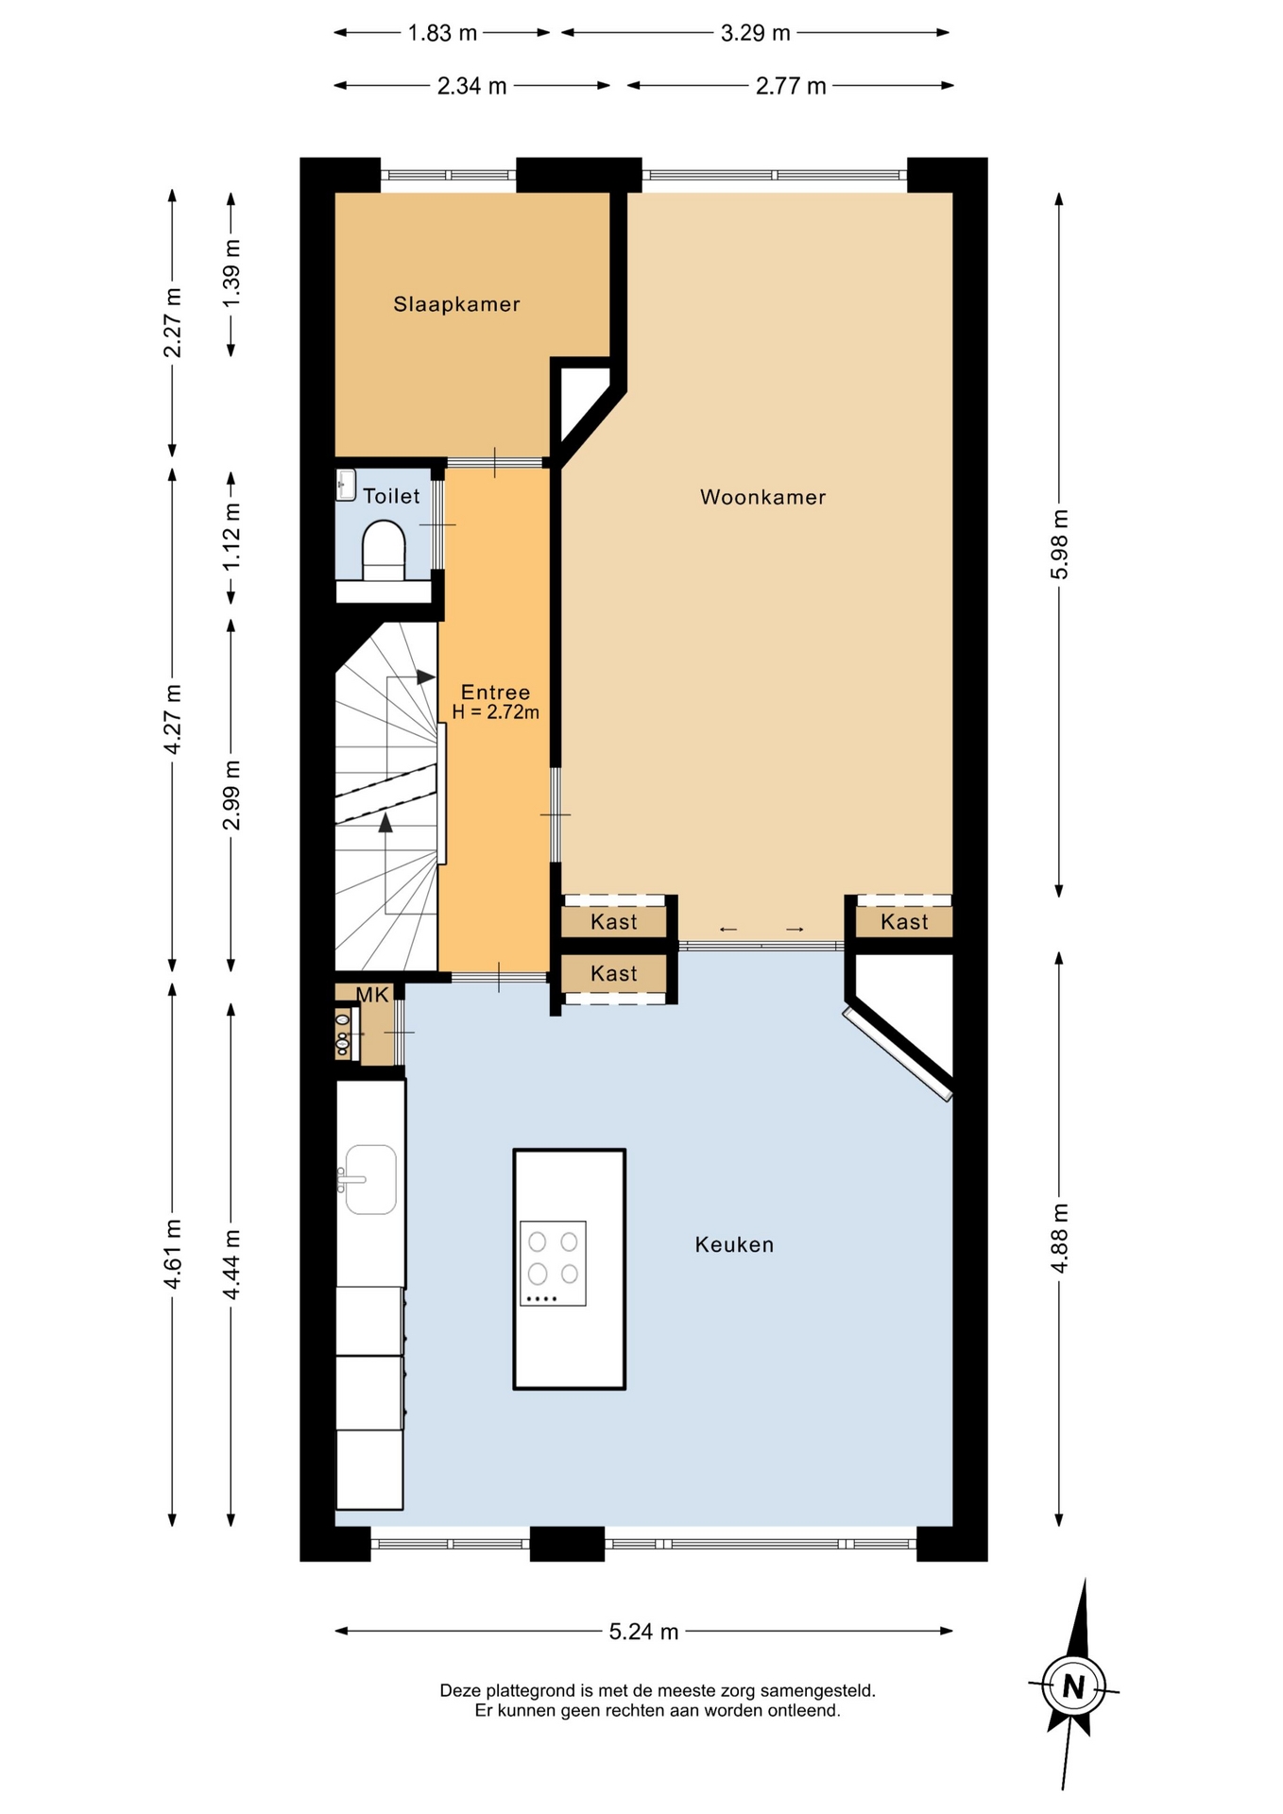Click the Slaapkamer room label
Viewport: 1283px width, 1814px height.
(x=456, y=304)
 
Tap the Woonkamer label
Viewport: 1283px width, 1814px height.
(x=762, y=497)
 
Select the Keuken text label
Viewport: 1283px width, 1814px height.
(x=734, y=1244)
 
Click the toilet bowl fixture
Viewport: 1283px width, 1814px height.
(x=384, y=550)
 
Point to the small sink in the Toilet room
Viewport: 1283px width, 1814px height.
(x=346, y=485)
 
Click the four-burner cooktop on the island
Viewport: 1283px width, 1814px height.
(x=553, y=1263)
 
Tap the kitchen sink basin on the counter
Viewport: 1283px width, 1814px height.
(x=370, y=1179)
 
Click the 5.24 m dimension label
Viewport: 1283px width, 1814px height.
(x=643, y=1632)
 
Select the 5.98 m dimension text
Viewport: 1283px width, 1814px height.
(x=1060, y=544)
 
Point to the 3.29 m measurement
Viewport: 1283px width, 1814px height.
(x=755, y=33)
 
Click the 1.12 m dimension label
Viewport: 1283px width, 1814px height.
(x=231, y=535)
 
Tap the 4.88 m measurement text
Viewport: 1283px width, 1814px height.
(x=1060, y=1238)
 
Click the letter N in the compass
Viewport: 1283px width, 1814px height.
(x=1073, y=1686)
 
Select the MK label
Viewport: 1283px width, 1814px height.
(x=372, y=994)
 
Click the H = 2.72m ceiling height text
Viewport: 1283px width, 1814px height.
(x=495, y=712)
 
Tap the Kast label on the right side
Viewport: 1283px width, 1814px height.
(x=904, y=921)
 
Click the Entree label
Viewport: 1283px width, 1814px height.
(x=495, y=693)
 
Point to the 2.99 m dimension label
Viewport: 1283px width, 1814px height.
(x=231, y=795)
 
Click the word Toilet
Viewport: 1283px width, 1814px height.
(x=391, y=496)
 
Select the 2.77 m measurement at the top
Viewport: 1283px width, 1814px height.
(x=791, y=87)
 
